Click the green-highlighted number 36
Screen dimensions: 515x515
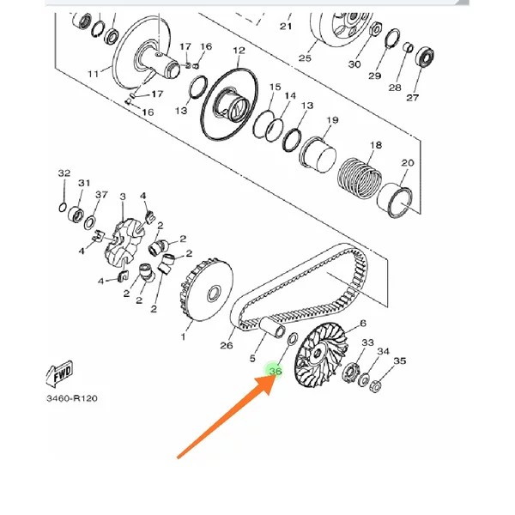[276, 372]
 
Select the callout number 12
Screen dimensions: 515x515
[239, 51]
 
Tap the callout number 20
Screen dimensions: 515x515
[407, 163]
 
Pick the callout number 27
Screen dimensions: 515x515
[413, 97]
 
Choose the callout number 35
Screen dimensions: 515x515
[399, 361]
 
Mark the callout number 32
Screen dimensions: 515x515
[64, 173]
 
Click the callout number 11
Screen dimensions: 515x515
[94, 75]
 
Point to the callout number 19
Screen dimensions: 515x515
[331, 120]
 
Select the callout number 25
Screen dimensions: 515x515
[305, 58]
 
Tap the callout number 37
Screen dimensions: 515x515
[101, 195]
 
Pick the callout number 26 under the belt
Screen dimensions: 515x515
[227, 346]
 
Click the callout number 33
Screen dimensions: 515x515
[367, 342]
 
